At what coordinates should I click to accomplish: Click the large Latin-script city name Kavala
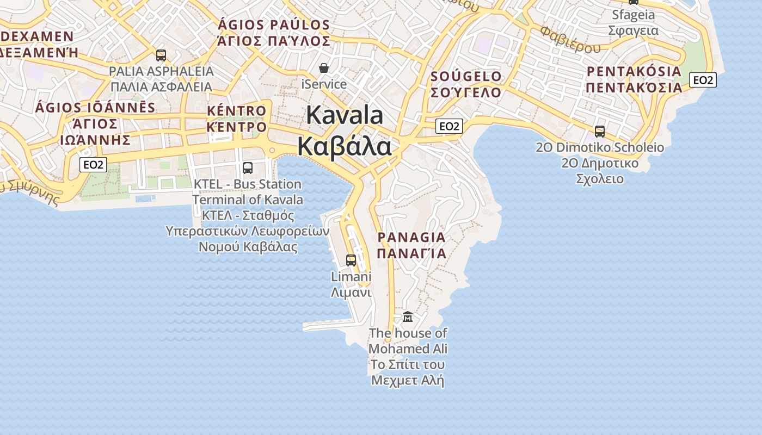[345, 115]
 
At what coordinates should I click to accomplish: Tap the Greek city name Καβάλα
[345, 146]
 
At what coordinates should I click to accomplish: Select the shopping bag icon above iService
[324, 68]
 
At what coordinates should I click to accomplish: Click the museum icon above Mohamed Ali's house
[407, 316]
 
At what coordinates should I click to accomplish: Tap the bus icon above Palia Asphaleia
[161, 55]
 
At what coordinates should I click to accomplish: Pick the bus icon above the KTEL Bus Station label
[247, 167]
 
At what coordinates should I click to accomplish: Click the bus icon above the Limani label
[351, 260]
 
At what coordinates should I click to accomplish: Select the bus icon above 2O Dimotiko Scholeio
[599, 131]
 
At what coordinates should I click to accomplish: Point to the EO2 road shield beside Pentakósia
[703, 80]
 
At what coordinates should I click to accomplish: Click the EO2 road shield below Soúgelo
[449, 126]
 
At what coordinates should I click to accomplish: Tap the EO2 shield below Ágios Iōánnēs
[93, 164]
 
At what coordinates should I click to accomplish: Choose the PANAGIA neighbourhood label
[411, 237]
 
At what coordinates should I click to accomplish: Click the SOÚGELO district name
[466, 76]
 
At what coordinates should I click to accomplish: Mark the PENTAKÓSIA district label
[634, 71]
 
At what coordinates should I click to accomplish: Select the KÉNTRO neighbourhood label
[237, 111]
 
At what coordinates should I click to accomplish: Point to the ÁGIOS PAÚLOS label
[274, 25]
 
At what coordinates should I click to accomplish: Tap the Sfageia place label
[633, 15]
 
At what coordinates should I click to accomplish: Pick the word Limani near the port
[351, 277]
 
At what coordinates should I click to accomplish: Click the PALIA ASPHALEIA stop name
[161, 71]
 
